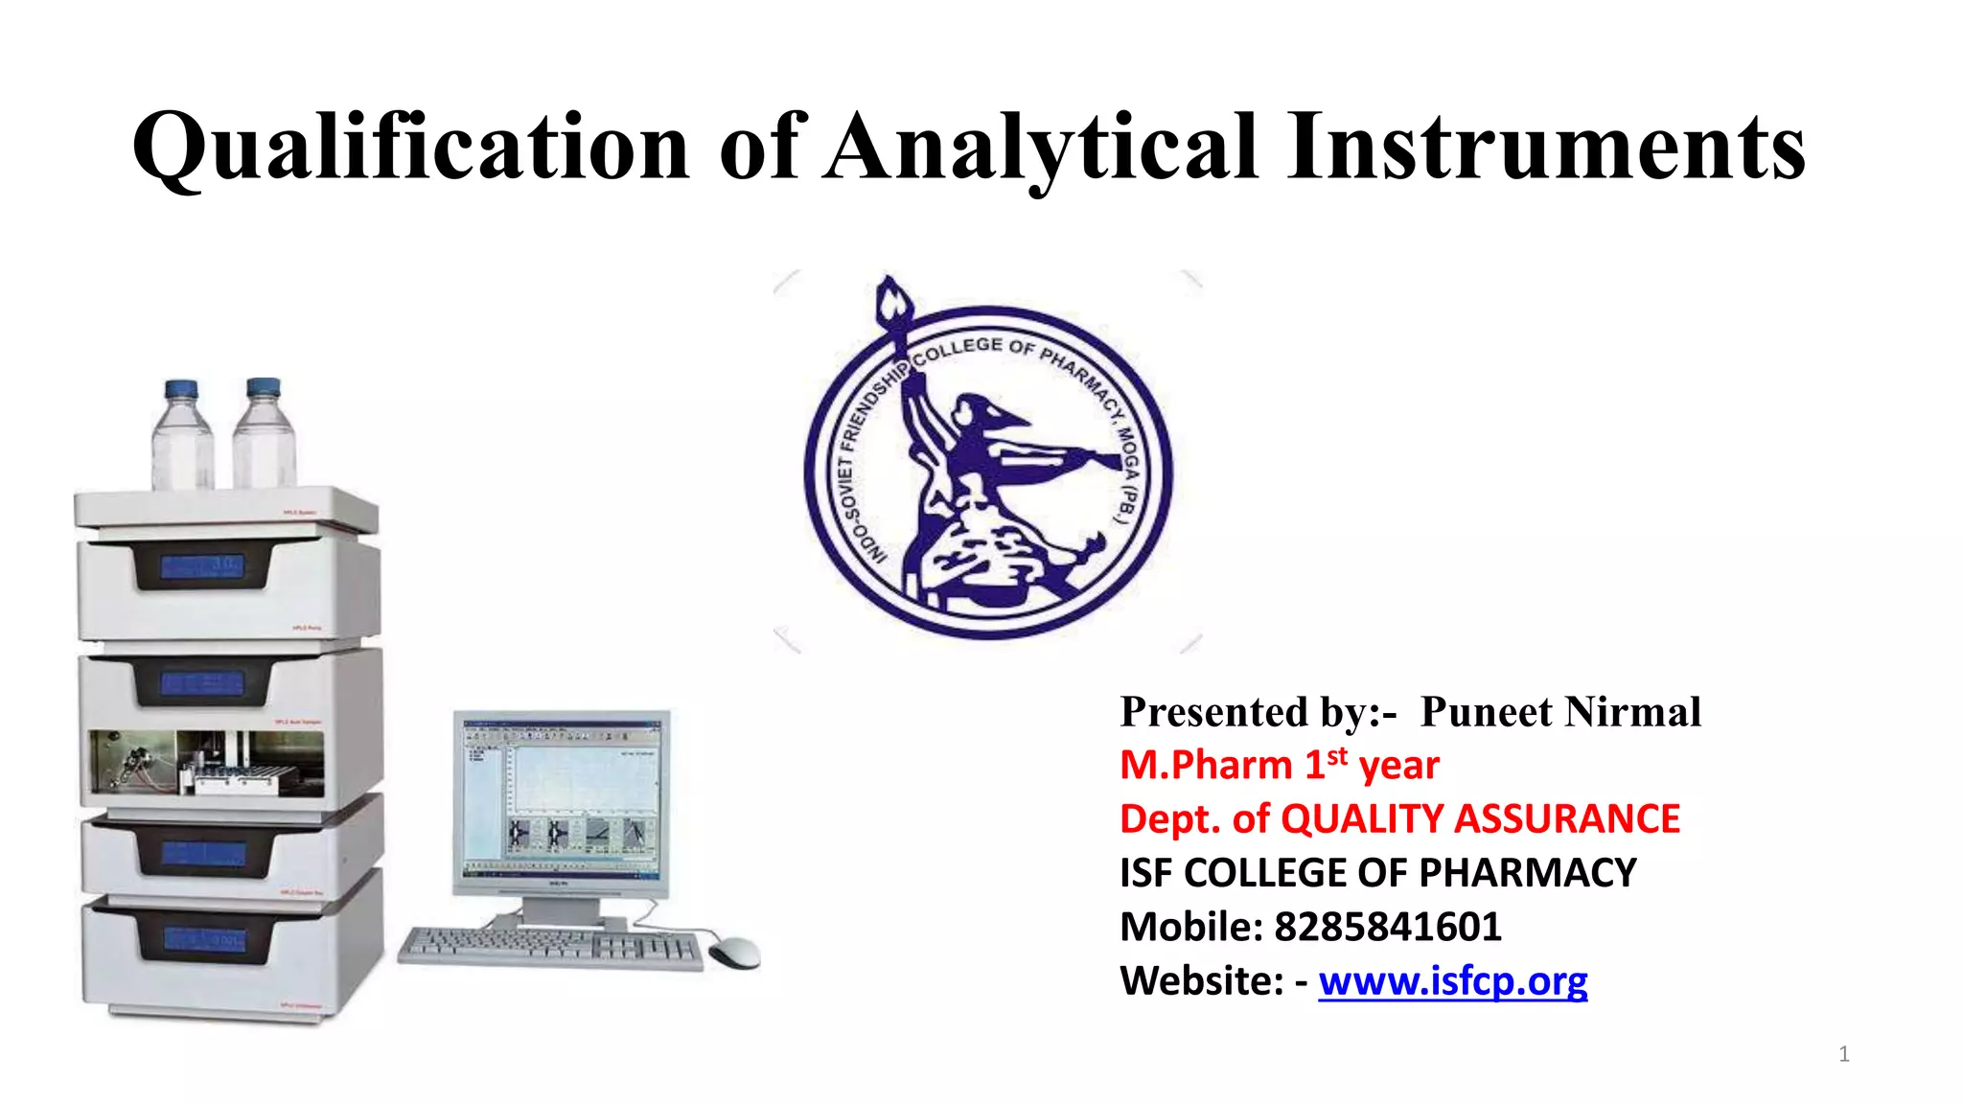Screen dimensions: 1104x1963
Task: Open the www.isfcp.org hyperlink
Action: pos(1452,981)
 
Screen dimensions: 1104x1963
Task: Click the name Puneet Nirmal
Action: pos(1559,712)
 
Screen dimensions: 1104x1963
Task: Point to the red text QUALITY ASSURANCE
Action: pos(1480,819)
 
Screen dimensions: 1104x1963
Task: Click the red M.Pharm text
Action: pos(1206,766)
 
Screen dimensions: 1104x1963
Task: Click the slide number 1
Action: pos(1843,1054)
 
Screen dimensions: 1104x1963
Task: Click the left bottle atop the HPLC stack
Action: pos(182,436)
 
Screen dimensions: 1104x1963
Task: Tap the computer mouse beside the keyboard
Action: pos(734,953)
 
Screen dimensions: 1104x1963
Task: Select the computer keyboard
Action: pos(550,948)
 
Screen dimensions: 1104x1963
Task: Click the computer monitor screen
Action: pos(561,794)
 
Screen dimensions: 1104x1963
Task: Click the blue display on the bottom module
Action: pos(204,940)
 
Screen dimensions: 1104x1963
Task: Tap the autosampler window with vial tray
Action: pos(206,764)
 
